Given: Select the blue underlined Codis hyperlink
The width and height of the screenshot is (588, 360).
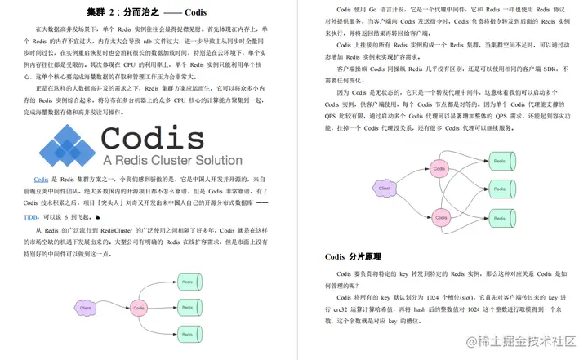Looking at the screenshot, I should [40, 179].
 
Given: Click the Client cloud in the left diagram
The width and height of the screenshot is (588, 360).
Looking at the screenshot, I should [86, 308].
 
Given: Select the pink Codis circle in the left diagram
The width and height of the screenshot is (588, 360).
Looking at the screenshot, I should [140, 308].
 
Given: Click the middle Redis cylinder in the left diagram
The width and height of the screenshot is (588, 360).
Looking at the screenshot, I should [187, 308].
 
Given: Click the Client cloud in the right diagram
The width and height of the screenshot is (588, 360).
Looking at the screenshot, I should [383, 189].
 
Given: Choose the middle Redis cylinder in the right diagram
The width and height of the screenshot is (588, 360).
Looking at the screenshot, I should [500, 189].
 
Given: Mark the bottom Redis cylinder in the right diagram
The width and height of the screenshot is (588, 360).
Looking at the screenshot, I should [500, 221].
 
